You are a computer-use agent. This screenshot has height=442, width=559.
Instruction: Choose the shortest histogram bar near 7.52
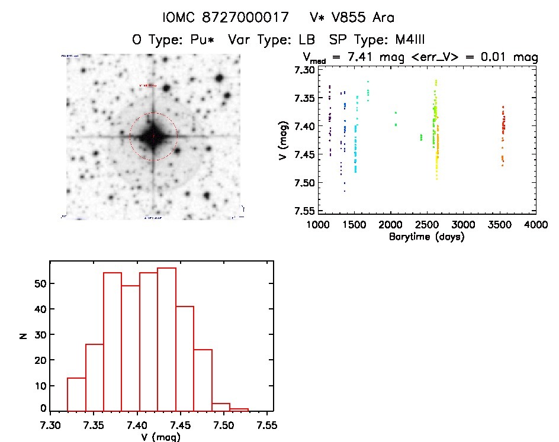pyautogui.click(x=239, y=409)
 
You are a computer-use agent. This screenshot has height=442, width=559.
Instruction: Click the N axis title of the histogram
pyautogui.click(x=23, y=335)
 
